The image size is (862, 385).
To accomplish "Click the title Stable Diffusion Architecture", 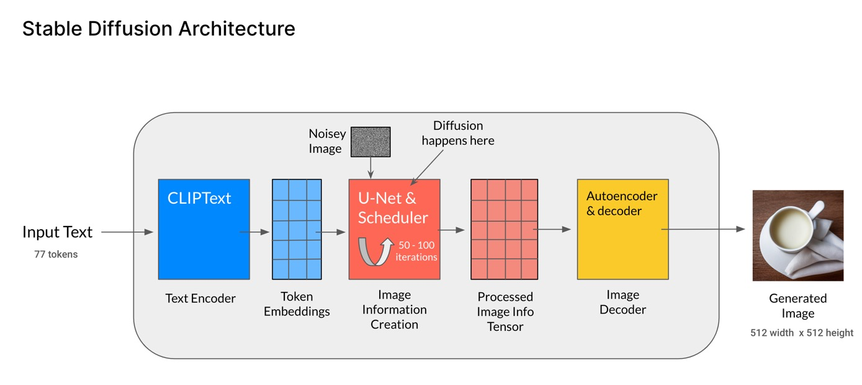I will point(158,29).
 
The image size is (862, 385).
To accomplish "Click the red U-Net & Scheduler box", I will point(394,217).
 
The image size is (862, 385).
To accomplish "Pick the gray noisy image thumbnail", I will point(370,142).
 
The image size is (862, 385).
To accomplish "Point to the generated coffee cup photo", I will point(797,235).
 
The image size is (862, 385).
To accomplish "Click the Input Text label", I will point(57,232).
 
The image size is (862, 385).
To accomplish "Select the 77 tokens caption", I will point(56,254).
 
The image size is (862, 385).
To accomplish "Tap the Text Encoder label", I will point(200,299).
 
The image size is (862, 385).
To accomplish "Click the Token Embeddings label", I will point(297,304).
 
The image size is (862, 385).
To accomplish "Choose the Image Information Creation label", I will point(394,309).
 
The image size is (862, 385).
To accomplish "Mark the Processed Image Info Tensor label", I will point(505,312).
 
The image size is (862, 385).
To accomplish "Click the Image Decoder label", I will point(622,302).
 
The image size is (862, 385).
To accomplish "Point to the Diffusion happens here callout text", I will point(458,133).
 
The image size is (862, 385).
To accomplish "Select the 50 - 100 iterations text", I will point(416,251).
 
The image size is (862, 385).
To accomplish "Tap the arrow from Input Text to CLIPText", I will point(127,232).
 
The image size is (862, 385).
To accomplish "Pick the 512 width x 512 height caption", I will point(802,333).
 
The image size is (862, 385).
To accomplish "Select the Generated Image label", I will point(797,306).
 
